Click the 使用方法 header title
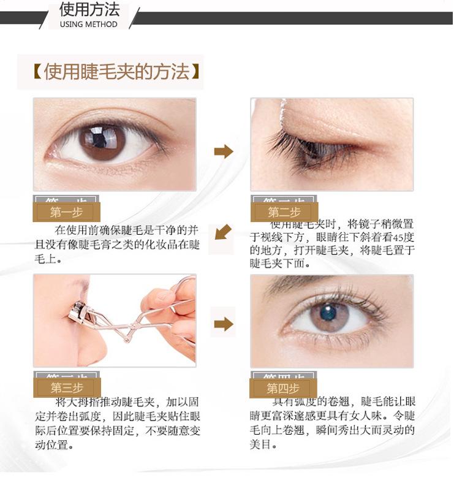click(x=89, y=10)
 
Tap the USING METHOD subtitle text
click(x=89, y=25)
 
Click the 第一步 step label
click(x=66, y=213)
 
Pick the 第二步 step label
click(x=284, y=213)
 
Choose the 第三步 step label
click(x=67, y=387)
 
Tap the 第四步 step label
click(x=283, y=388)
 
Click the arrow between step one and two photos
click(x=224, y=151)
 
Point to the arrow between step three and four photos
click(x=224, y=324)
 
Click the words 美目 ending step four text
click(x=262, y=443)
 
